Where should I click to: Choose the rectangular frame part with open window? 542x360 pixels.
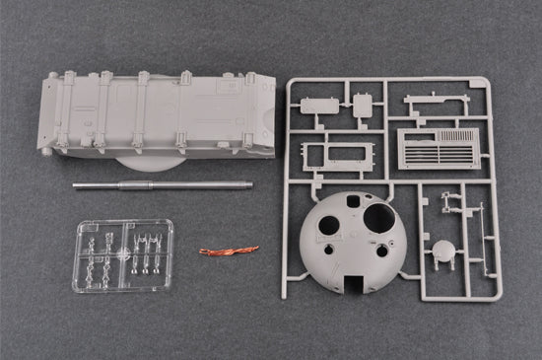coord(336,155)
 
